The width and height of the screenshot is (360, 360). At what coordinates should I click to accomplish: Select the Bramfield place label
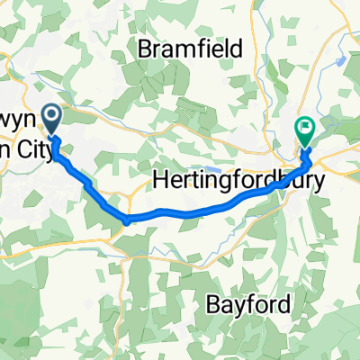click(x=191, y=49)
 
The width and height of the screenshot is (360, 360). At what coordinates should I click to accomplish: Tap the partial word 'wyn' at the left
click(x=20, y=120)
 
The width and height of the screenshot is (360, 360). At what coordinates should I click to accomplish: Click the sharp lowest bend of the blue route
click(x=127, y=220)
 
